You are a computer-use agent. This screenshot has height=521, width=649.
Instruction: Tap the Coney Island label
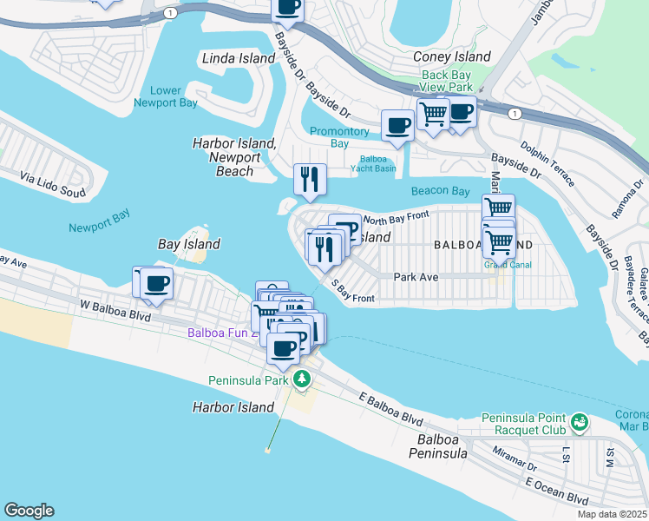(x=452, y=57)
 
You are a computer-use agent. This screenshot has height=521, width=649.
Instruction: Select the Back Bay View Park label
(x=447, y=82)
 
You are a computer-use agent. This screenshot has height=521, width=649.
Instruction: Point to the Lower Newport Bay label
(x=165, y=96)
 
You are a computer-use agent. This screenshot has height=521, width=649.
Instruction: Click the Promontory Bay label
(x=341, y=137)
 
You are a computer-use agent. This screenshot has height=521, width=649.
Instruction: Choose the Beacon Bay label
(x=441, y=191)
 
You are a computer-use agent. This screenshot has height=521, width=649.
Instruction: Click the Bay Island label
(x=188, y=245)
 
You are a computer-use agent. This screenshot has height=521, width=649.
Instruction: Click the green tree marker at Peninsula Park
(x=301, y=379)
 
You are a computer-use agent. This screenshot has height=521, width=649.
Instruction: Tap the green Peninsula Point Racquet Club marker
(x=579, y=423)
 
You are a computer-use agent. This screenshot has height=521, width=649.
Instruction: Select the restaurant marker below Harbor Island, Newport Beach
(x=310, y=180)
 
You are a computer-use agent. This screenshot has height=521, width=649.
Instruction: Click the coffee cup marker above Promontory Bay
(x=397, y=125)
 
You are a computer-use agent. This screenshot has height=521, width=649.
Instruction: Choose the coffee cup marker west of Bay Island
(x=157, y=283)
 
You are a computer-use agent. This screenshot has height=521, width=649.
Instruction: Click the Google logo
(x=29, y=511)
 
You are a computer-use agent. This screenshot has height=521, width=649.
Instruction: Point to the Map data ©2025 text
(x=611, y=514)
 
